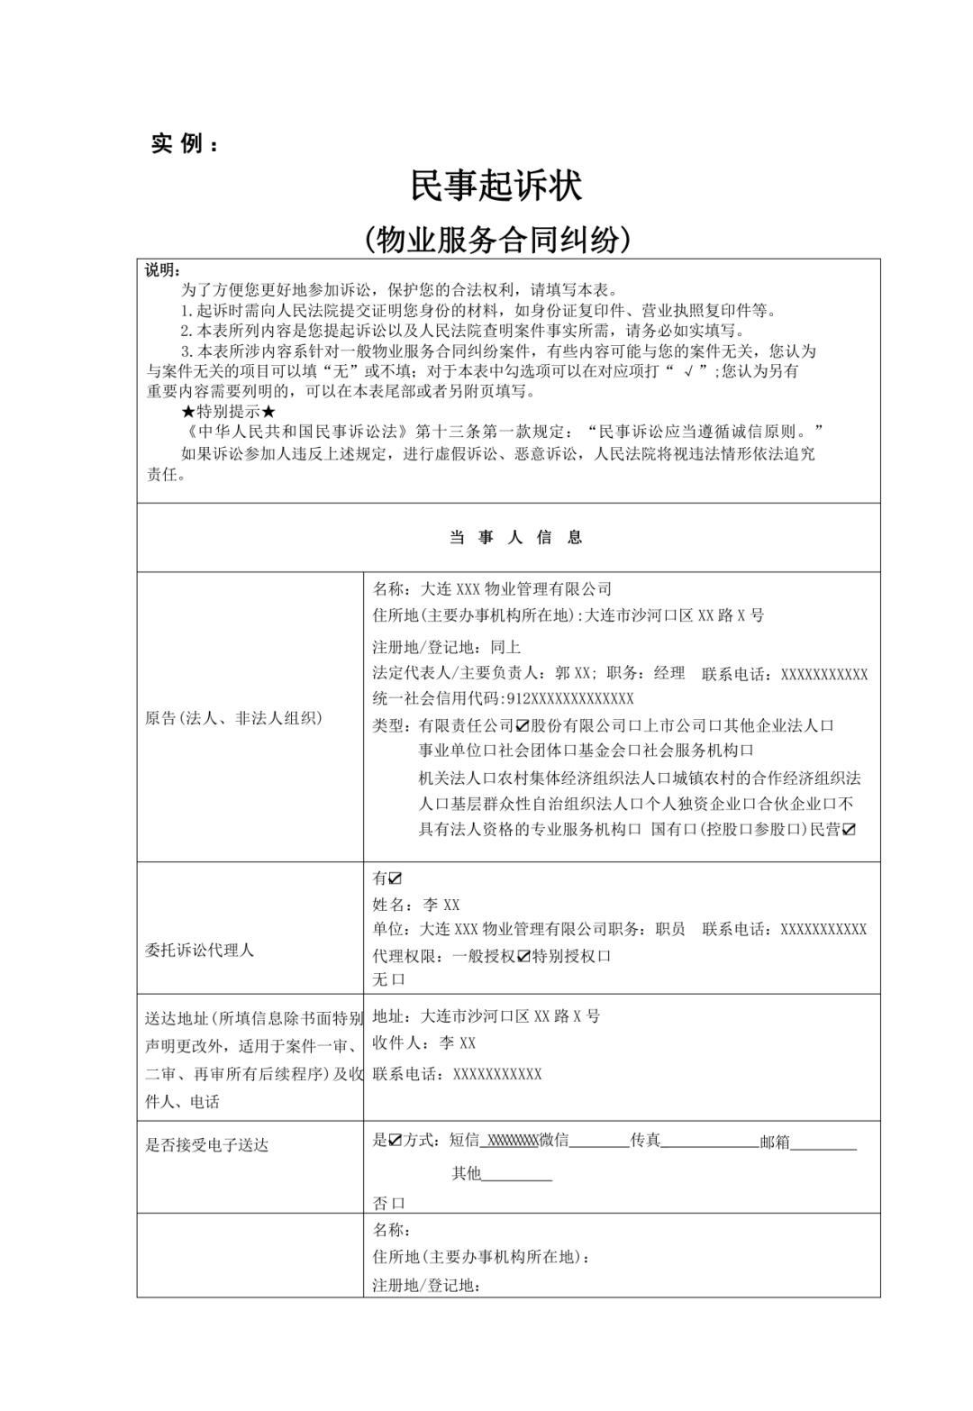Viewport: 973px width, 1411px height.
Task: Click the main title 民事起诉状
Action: click(x=496, y=186)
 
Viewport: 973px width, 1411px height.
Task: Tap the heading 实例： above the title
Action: click(x=184, y=144)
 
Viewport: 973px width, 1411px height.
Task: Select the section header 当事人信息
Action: click(x=516, y=538)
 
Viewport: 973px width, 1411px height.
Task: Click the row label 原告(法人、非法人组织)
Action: click(x=233, y=718)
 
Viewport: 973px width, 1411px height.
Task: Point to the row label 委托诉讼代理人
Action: click(x=200, y=950)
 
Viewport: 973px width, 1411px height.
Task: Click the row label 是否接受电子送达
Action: click(x=206, y=1145)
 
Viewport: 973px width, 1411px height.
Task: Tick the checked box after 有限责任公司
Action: click(x=521, y=725)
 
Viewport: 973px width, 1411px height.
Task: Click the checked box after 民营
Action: click(x=848, y=829)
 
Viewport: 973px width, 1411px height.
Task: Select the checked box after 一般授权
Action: click(x=524, y=956)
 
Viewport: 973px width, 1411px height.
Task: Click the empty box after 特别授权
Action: click(x=605, y=956)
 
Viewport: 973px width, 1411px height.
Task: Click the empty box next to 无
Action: click(x=399, y=979)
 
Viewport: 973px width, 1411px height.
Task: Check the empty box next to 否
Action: click(x=399, y=1203)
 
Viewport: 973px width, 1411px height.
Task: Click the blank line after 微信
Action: click(x=599, y=1142)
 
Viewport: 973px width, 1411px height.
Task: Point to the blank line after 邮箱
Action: click(x=823, y=1142)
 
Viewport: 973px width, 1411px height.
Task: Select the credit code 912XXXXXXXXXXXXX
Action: click(x=571, y=698)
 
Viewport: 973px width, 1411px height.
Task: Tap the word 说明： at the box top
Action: click(x=163, y=270)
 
